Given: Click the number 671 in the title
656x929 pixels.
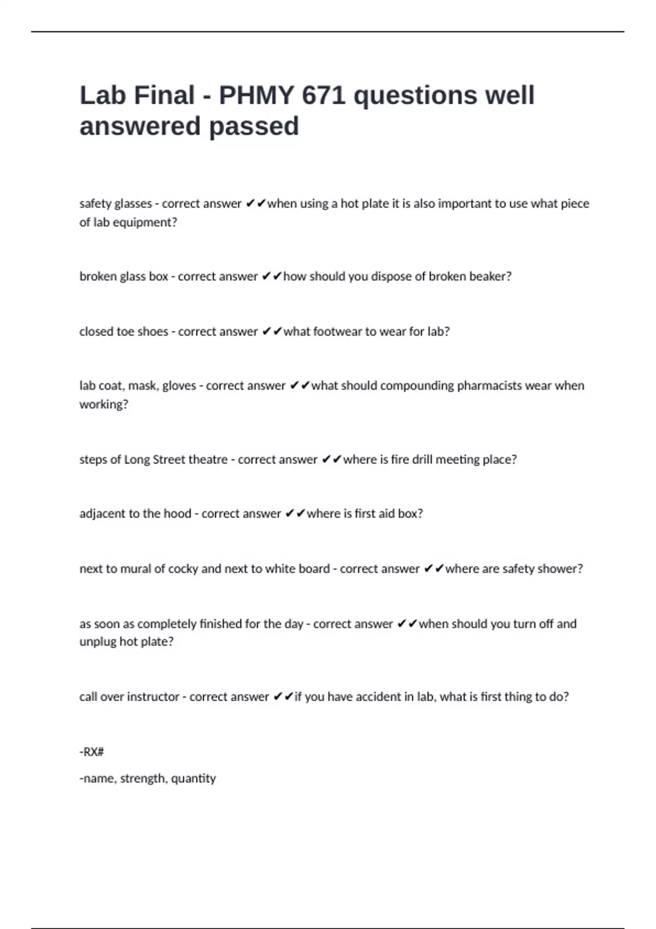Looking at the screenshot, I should (x=323, y=95).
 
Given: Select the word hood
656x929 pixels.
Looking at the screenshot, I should (x=177, y=514).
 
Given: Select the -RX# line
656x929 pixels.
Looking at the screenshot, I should (x=92, y=752).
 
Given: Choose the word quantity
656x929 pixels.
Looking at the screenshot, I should (x=194, y=778).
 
